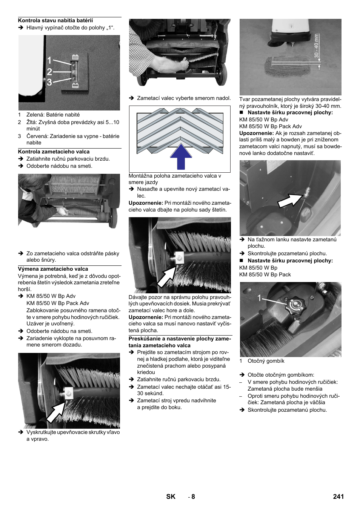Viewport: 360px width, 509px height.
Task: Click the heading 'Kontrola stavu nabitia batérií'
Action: point(55,20)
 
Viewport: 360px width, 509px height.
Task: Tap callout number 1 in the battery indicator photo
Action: point(49,61)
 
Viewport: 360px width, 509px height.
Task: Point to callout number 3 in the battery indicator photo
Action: point(49,82)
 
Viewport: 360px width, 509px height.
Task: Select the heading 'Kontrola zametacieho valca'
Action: point(54,152)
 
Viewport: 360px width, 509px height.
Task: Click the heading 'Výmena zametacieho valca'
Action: point(53,269)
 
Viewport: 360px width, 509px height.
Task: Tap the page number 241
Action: point(338,497)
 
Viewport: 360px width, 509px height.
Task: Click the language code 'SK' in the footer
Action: point(171,497)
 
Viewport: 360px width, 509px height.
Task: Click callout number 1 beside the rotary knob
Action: point(260,298)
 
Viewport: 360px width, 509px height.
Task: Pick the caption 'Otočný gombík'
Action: point(266,361)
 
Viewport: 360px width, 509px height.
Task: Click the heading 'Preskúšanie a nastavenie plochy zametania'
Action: point(180,342)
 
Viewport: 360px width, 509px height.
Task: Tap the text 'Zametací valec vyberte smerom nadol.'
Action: point(184,98)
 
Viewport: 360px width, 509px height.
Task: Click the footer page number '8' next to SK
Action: point(193,497)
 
